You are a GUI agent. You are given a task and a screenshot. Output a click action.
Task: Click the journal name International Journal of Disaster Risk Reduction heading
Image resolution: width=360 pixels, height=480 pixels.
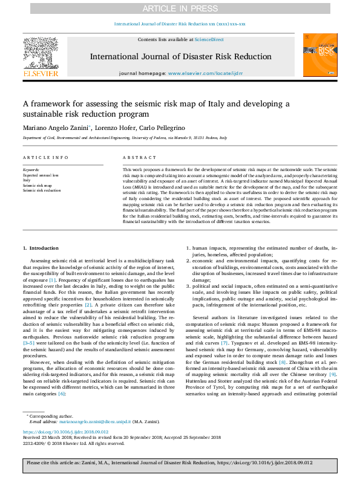[180, 57]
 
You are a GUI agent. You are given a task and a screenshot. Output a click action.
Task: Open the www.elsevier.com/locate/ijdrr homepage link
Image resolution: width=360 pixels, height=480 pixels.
[201, 73]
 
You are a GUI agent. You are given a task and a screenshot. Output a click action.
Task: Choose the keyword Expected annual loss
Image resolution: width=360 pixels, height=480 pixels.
[41, 175]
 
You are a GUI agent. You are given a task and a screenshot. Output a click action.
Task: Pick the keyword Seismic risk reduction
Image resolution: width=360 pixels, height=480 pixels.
[42, 190]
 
